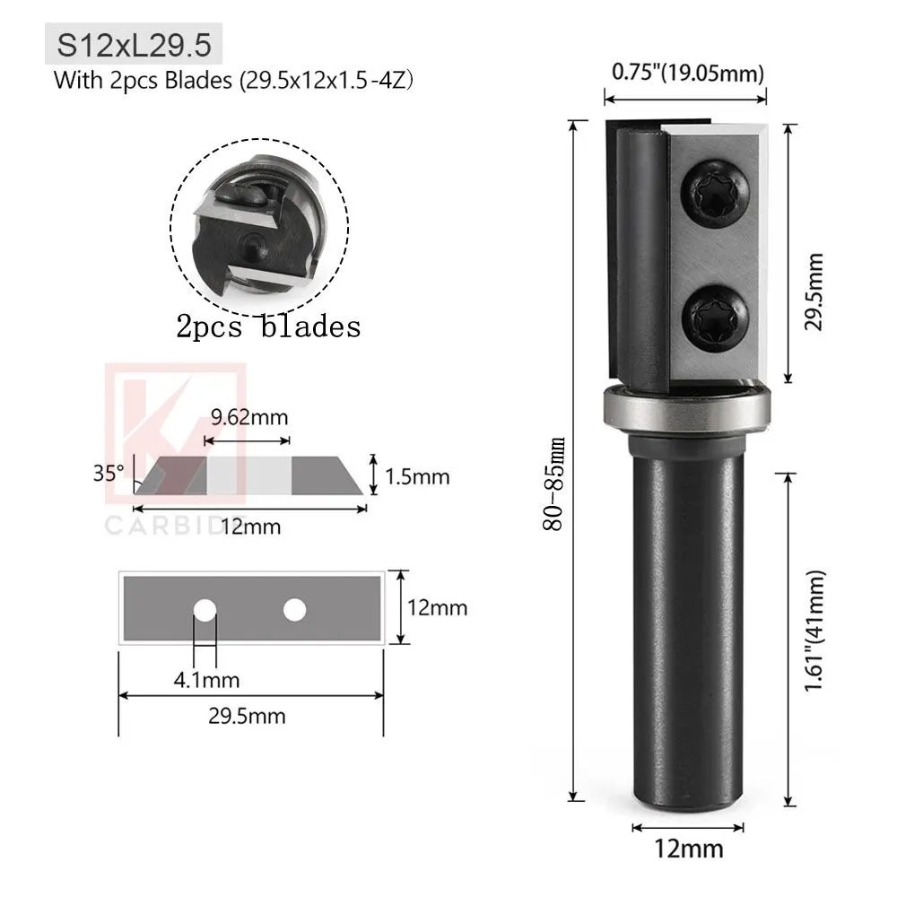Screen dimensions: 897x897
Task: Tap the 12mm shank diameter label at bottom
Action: tap(688, 848)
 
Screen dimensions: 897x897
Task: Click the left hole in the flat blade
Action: tap(205, 611)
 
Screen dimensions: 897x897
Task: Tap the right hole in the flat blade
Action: tap(293, 610)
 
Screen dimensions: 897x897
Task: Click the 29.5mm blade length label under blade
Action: tap(248, 715)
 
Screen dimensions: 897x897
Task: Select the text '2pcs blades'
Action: tap(269, 327)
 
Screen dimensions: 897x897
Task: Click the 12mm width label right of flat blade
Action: tap(438, 607)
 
